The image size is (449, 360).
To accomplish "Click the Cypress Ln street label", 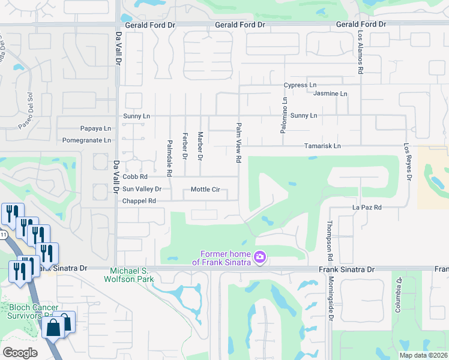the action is (300, 86).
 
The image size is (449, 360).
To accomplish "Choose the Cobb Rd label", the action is (134, 177).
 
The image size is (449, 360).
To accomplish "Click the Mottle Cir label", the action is (205, 190).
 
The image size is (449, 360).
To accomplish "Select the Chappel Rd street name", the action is (139, 201).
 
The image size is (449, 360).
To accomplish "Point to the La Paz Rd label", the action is (367, 208).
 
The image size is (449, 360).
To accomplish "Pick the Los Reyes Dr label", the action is (408, 161).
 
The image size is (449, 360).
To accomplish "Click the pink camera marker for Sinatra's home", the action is (260, 257).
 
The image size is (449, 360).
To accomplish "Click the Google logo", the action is (20, 352).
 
